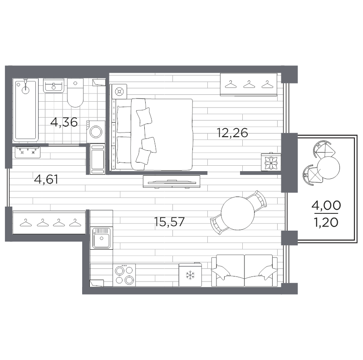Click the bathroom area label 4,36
[x=64, y=122]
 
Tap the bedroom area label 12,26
[x=232, y=133]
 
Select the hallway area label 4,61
[x=46, y=179]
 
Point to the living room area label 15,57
[x=169, y=222]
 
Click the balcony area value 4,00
[x=326, y=205]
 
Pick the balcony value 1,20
[x=326, y=222]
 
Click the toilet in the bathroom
[x=75, y=93]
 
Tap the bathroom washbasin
[x=54, y=85]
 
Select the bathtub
[x=25, y=110]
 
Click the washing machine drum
[x=96, y=132]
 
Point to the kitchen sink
[x=101, y=238]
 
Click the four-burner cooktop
[x=124, y=275]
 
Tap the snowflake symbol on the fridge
[x=190, y=275]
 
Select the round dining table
[x=237, y=213]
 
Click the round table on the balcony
[x=328, y=168]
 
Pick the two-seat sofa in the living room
[x=245, y=271]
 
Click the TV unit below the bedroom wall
[x=172, y=182]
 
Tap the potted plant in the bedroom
[x=271, y=162]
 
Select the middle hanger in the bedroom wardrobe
[x=249, y=84]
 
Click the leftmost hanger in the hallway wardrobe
[x=26, y=222]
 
